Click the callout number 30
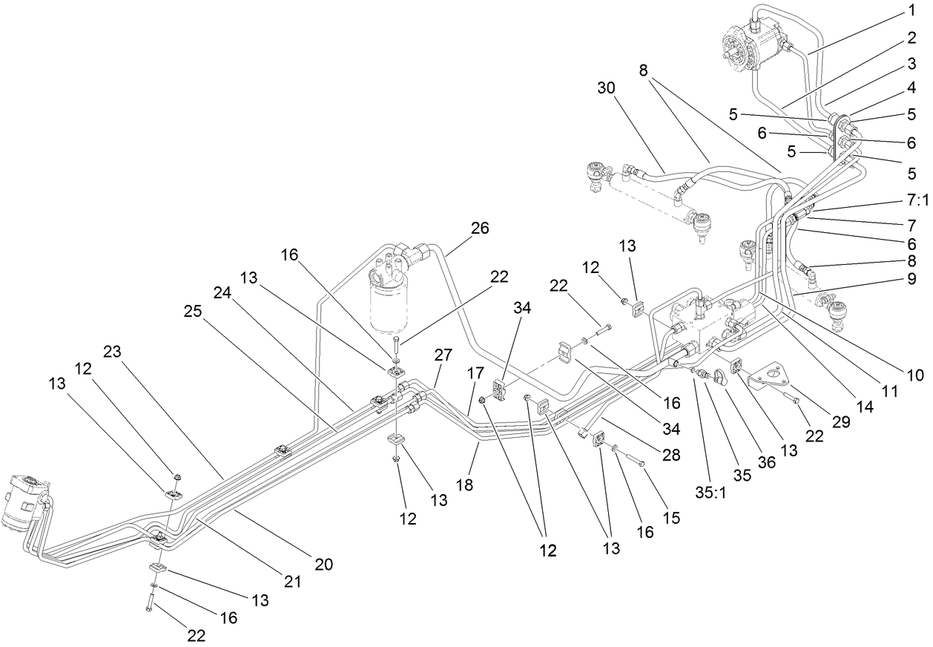(x=606, y=88)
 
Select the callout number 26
(x=480, y=229)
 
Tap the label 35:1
(x=711, y=491)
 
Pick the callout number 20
(x=323, y=565)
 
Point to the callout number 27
(x=443, y=355)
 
